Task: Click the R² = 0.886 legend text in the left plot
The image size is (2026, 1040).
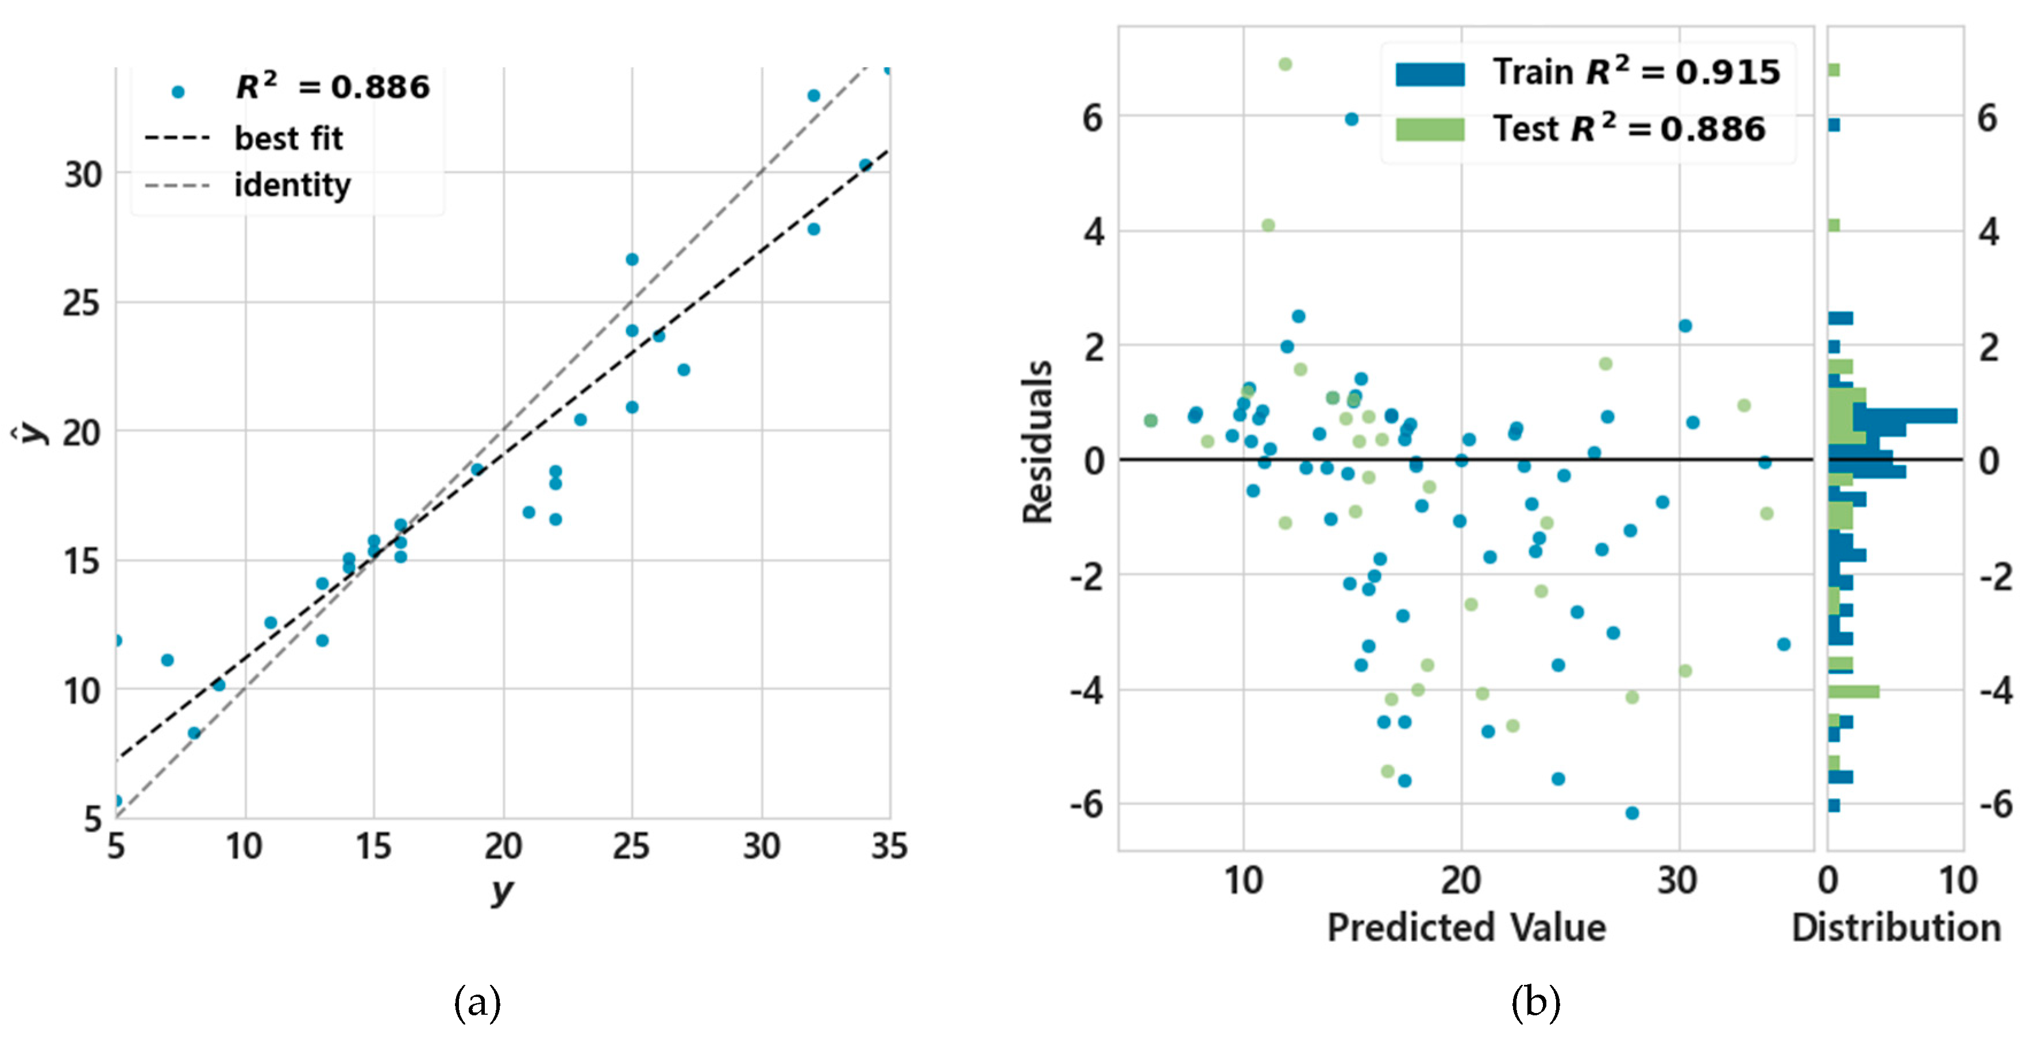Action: (332, 87)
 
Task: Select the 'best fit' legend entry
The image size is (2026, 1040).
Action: (288, 138)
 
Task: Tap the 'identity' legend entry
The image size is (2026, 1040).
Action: (292, 185)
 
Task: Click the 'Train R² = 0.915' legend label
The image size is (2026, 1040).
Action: (1636, 72)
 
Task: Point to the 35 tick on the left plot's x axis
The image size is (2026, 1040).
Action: (889, 846)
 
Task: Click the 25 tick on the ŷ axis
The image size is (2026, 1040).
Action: (82, 303)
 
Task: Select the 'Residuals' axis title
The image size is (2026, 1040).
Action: (1037, 442)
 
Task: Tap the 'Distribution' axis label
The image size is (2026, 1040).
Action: (1896, 927)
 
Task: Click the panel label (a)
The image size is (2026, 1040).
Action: (477, 1003)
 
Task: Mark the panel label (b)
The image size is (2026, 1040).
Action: (1534, 1003)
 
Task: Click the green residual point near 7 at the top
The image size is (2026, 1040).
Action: (1284, 64)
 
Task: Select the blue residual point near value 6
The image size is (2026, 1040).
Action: (1351, 119)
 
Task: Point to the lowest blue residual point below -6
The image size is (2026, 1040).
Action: (1632, 813)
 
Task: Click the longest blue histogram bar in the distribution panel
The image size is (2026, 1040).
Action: (1903, 416)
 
